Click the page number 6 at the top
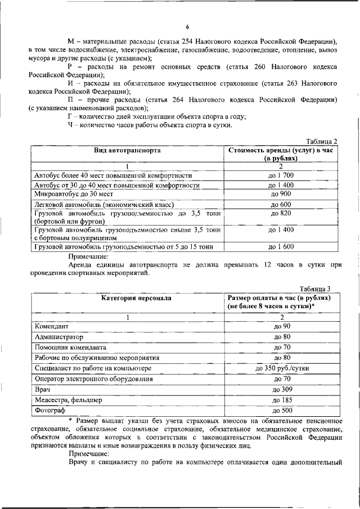click(x=187, y=27)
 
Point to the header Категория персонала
click(x=128, y=298)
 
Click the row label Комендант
click(x=52, y=326)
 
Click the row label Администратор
click(x=58, y=337)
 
